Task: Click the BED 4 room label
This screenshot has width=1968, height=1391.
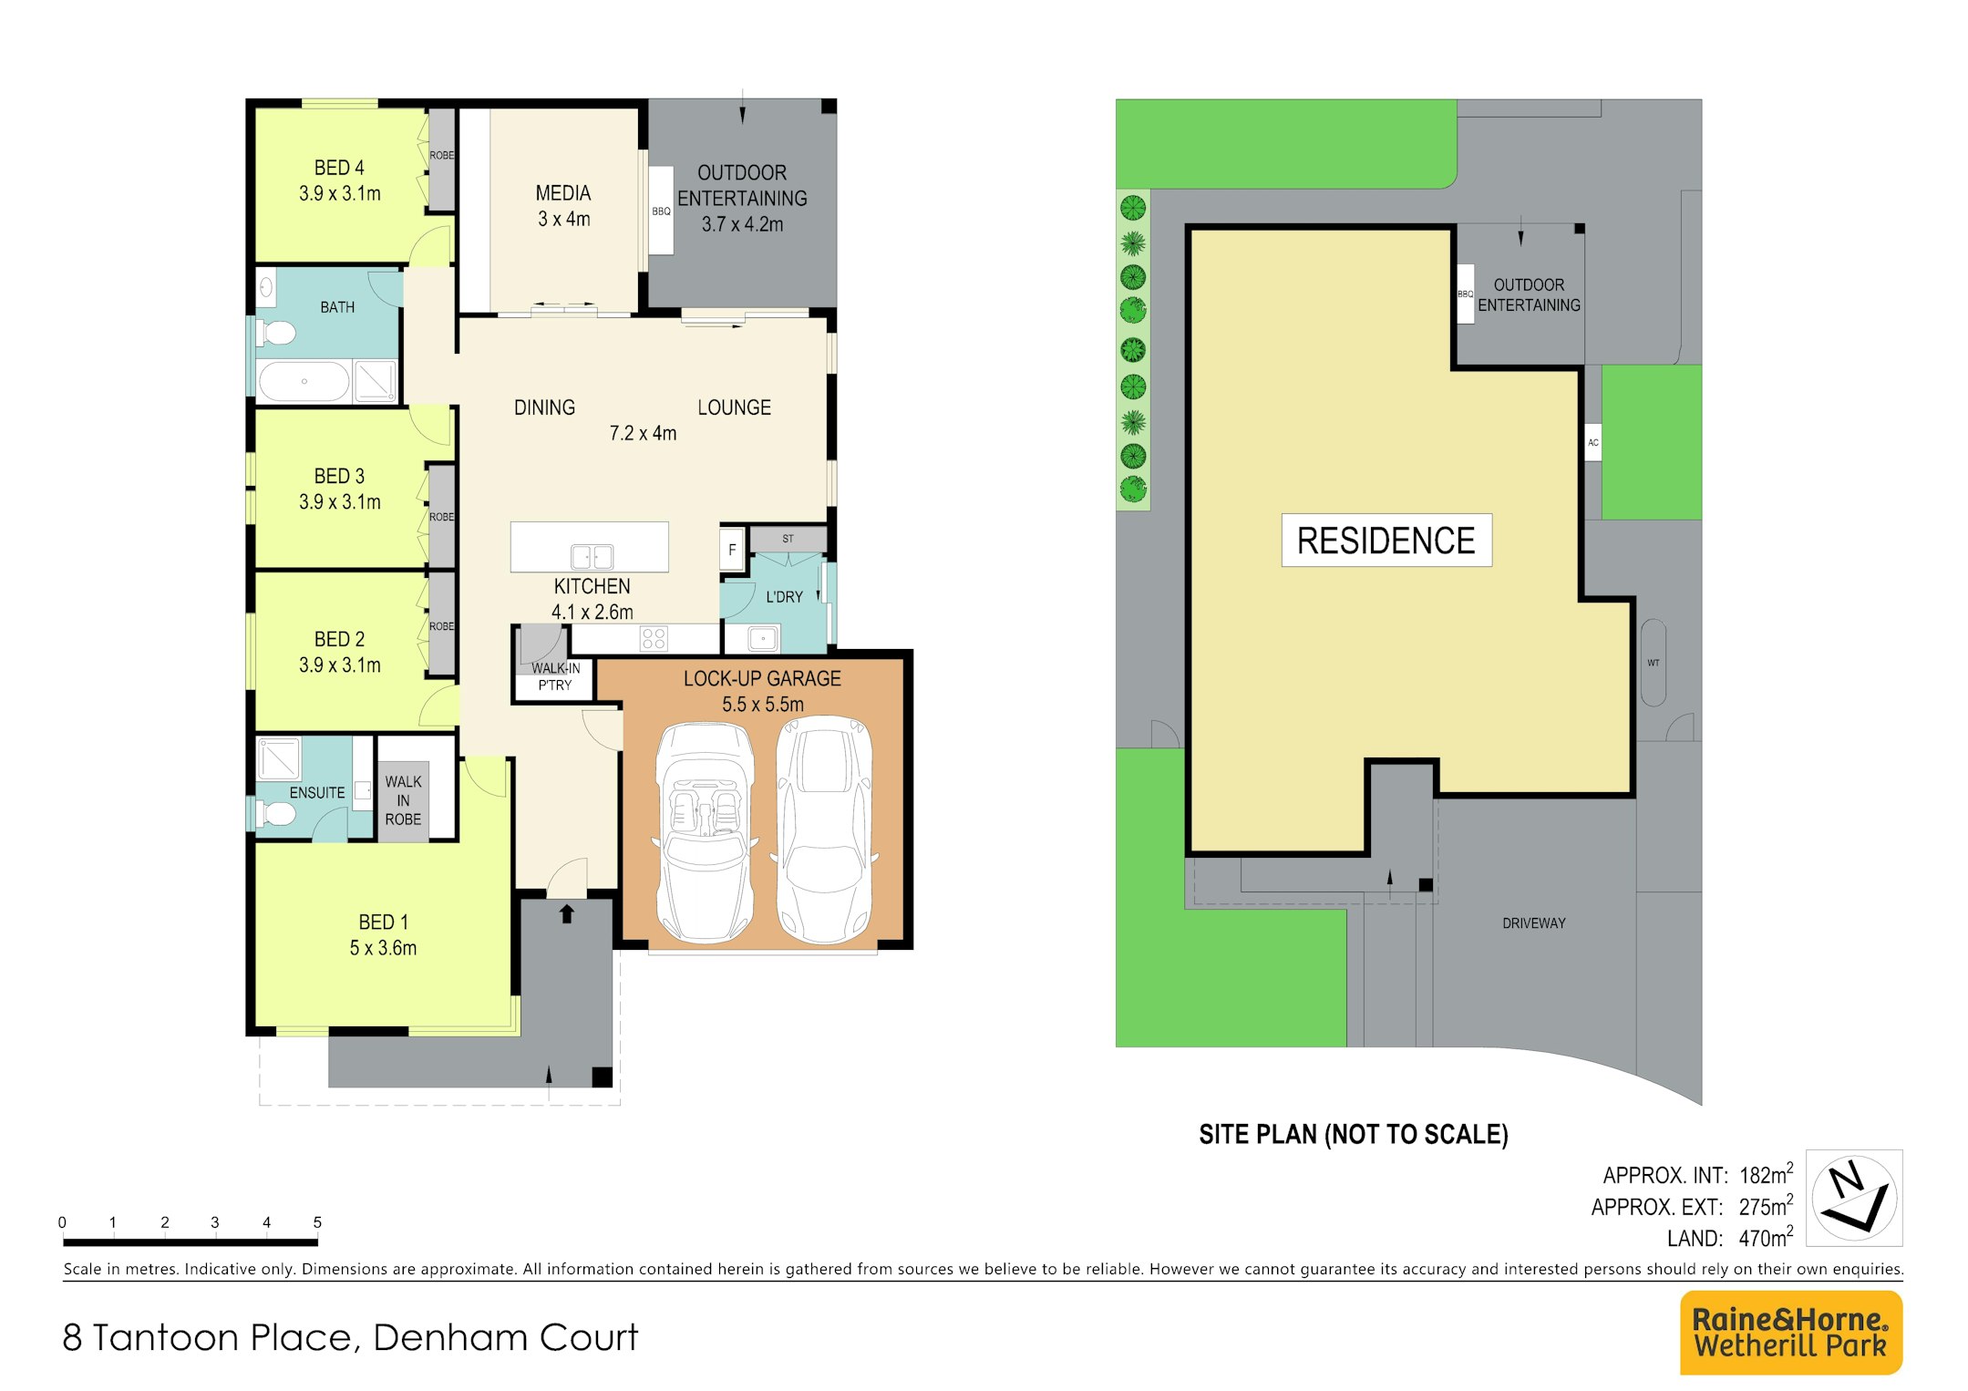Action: click(339, 168)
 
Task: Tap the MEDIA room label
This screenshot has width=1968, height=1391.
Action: click(563, 193)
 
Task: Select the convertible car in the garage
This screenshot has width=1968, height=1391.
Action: click(705, 832)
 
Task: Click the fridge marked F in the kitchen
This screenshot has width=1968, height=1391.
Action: click(732, 551)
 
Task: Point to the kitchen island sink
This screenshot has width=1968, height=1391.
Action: click(592, 556)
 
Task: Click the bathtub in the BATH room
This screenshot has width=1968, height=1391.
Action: click(304, 381)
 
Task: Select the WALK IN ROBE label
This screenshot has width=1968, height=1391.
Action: click(403, 800)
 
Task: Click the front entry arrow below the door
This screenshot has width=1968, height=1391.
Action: click(567, 913)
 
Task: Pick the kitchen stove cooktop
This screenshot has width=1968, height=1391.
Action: click(654, 637)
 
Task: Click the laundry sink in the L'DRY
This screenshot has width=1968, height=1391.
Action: click(763, 639)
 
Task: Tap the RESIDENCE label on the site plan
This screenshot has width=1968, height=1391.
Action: click(1386, 541)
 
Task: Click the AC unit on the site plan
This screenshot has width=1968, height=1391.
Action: click(1593, 442)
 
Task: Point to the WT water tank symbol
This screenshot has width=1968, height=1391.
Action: click(1654, 663)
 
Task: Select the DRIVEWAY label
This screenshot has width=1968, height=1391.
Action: click(1534, 923)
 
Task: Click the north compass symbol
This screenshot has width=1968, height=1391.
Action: click(1854, 1198)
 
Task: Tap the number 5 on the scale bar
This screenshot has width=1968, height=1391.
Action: click(317, 1222)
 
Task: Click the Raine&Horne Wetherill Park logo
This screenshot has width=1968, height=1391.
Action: click(1791, 1332)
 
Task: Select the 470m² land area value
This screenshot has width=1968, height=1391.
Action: click(1766, 1237)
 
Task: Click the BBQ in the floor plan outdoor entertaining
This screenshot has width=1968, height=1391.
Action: click(661, 211)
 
